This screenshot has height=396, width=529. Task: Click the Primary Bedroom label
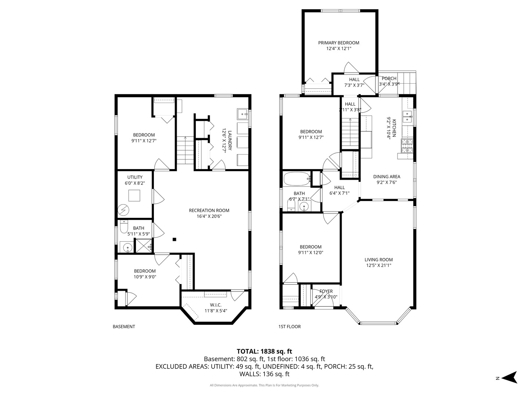(338, 43)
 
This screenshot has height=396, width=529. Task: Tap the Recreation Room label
(209, 210)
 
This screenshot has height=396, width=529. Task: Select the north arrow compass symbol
(510, 377)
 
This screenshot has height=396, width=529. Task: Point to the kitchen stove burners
(407, 146)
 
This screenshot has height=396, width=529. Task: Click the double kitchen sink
(407, 117)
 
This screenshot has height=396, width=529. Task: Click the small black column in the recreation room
(174, 239)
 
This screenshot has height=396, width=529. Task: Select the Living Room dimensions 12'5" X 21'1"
(378, 265)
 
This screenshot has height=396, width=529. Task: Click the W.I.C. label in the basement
(216, 305)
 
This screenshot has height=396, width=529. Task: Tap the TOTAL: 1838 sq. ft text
(264, 351)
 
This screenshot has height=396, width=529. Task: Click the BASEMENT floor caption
(124, 327)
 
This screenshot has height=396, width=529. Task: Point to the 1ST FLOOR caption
(289, 327)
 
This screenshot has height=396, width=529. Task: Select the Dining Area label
(386, 177)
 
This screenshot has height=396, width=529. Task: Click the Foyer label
(326, 291)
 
